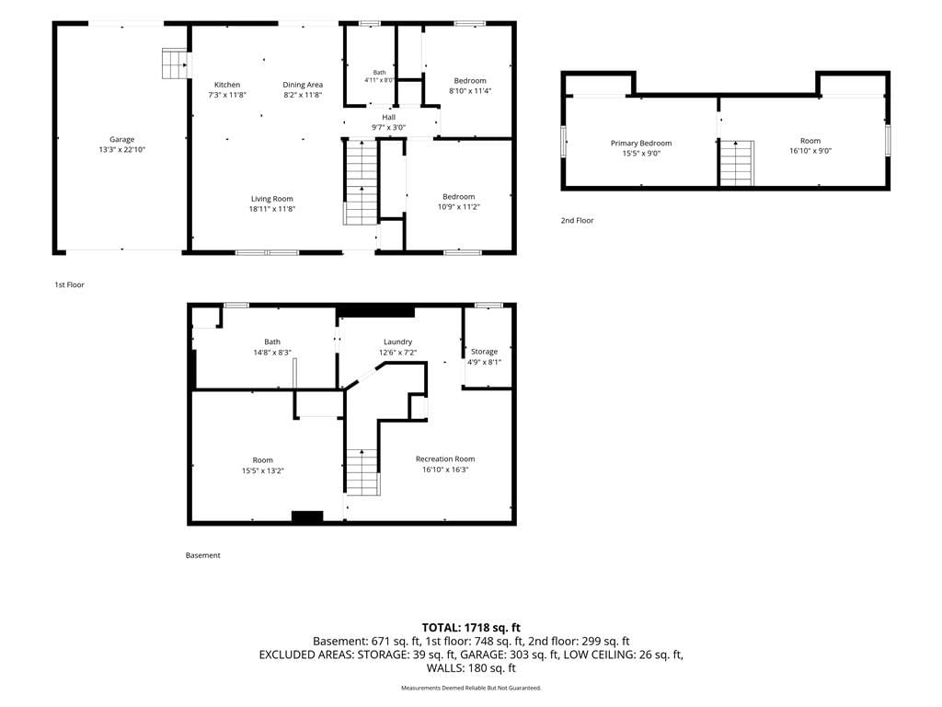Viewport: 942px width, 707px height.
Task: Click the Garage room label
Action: coord(122,140)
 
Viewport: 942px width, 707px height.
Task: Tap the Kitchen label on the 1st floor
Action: coord(227,85)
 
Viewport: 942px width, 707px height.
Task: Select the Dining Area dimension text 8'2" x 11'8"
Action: coord(303,95)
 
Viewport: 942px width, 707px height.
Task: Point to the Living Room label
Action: coord(272,199)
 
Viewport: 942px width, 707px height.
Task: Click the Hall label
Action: coord(389,117)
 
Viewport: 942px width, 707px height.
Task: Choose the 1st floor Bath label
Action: coord(380,72)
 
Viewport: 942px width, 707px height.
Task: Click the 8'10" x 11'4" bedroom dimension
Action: coord(470,91)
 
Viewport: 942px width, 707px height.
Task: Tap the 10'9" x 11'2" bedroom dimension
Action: coord(459,207)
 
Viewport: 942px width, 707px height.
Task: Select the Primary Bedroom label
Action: coord(641,143)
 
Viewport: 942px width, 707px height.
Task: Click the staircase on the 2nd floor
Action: coord(737,164)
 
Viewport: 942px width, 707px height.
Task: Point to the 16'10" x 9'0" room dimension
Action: coord(810,151)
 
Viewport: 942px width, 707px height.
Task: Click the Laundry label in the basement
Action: coord(397,342)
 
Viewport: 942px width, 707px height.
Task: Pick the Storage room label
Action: coord(484,352)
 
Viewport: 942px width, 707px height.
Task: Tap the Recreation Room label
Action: coord(445,459)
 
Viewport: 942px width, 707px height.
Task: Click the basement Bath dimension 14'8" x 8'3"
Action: coord(272,353)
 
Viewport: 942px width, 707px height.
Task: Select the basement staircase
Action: coord(362,472)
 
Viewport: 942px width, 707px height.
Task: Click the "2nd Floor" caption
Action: coord(578,221)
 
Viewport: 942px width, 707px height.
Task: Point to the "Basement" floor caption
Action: coord(203,555)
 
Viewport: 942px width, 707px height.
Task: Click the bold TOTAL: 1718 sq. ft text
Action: coord(471,628)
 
